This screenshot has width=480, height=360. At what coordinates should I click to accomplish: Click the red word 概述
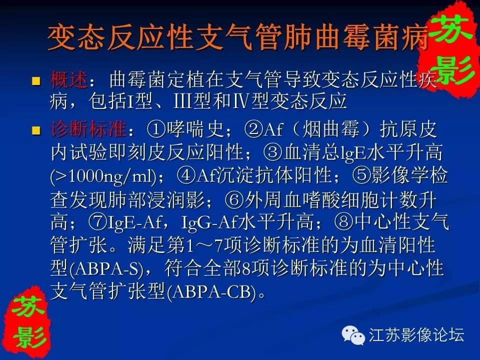(x=68, y=79)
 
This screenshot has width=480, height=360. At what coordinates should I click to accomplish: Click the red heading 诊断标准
(x=88, y=129)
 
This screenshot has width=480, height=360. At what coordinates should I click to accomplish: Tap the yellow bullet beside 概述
(x=36, y=81)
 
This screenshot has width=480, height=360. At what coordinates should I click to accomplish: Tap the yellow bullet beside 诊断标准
(x=36, y=130)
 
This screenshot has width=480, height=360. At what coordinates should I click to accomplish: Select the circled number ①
(x=156, y=129)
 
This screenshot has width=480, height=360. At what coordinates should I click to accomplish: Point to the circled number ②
(x=254, y=129)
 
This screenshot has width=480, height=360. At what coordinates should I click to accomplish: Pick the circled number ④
(x=186, y=176)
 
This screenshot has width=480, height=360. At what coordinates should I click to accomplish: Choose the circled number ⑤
(x=361, y=176)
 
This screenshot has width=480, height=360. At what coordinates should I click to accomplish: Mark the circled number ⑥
(x=234, y=199)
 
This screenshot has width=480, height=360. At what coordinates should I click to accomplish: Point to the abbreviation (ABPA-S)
(x=107, y=269)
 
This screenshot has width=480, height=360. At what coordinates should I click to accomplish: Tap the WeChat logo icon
(x=353, y=334)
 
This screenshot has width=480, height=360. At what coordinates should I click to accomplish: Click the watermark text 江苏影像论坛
(x=416, y=334)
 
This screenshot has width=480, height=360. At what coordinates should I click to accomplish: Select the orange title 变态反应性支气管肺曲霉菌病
(x=238, y=37)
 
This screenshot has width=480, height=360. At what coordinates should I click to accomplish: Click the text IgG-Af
(x=209, y=223)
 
